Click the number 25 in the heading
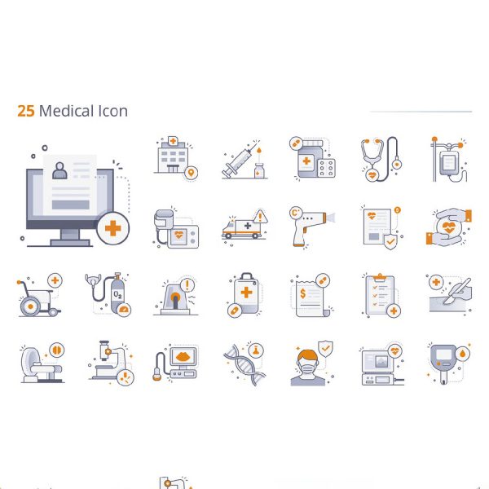[x=26, y=111]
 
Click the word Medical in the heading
[x=67, y=111]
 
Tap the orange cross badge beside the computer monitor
[x=113, y=228]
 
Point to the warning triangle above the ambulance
[x=260, y=216]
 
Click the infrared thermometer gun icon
[x=311, y=226]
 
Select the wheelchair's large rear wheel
[x=30, y=306]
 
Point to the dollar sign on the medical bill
[x=302, y=293]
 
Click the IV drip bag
[x=448, y=163]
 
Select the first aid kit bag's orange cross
[x=246, y=293]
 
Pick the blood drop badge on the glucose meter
[x=462, y=354]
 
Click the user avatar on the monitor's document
[x=59, y=170]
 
